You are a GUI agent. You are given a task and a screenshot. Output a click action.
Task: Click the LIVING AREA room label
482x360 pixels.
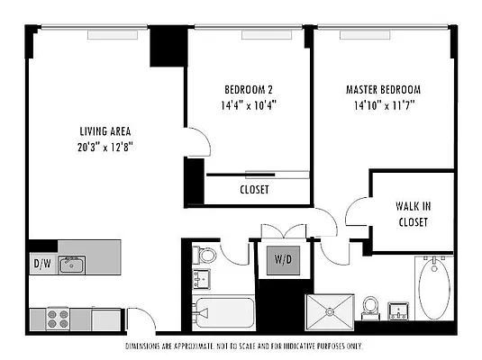coord(106,130)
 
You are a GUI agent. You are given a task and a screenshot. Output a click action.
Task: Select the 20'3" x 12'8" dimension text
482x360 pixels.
coord(106,146)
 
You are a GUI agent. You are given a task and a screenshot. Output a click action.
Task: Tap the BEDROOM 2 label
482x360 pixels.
coord(249,90)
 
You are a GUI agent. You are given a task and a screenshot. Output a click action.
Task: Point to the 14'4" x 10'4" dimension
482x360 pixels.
coord(249,104)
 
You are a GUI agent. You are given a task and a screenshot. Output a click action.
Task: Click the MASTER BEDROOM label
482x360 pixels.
coord(383,90)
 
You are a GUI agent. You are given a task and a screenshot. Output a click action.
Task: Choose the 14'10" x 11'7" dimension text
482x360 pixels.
coord(383,104)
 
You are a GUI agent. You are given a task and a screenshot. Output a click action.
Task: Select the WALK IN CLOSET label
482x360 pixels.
coord(413,212)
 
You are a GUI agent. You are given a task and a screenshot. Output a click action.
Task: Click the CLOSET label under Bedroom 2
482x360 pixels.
coord(254,190)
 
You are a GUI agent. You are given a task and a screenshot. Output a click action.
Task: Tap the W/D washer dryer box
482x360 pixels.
coord(282,261)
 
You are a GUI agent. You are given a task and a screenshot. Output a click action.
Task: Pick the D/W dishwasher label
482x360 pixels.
coord(42,264)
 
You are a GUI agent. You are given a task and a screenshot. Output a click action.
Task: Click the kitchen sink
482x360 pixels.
coord(72,264)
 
